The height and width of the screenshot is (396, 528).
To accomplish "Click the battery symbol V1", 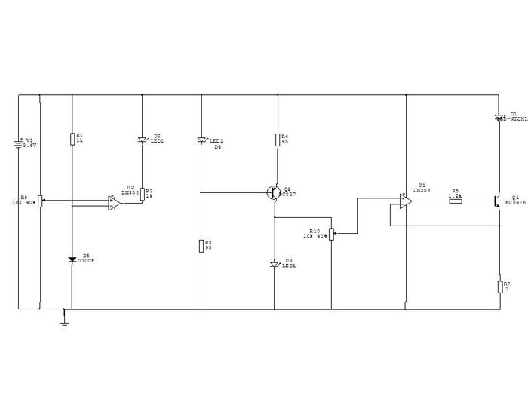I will point(18,143).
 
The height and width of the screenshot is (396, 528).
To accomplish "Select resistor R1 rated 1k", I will point(72,137).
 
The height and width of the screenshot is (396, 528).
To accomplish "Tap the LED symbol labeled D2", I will point(142,140).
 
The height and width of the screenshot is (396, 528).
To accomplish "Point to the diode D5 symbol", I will point(72,260).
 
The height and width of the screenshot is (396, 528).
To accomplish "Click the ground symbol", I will point(64,323).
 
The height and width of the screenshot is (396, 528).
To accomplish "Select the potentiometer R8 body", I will point(39,201).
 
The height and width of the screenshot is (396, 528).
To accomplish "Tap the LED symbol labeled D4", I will point(201,140).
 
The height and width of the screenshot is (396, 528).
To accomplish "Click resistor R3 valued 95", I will point(201,245).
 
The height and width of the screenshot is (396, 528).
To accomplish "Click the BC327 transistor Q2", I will point(273,192).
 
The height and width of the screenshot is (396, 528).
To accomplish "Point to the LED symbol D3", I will point(274,264).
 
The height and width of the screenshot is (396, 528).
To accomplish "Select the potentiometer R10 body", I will point(332,233).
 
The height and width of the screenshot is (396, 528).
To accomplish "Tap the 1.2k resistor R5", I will point(455,201).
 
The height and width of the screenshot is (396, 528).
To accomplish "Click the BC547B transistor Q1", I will point(498,201).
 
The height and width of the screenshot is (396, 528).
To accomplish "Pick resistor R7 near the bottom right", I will point(500,286).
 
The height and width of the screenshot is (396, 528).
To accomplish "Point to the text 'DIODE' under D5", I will point(86,261).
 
